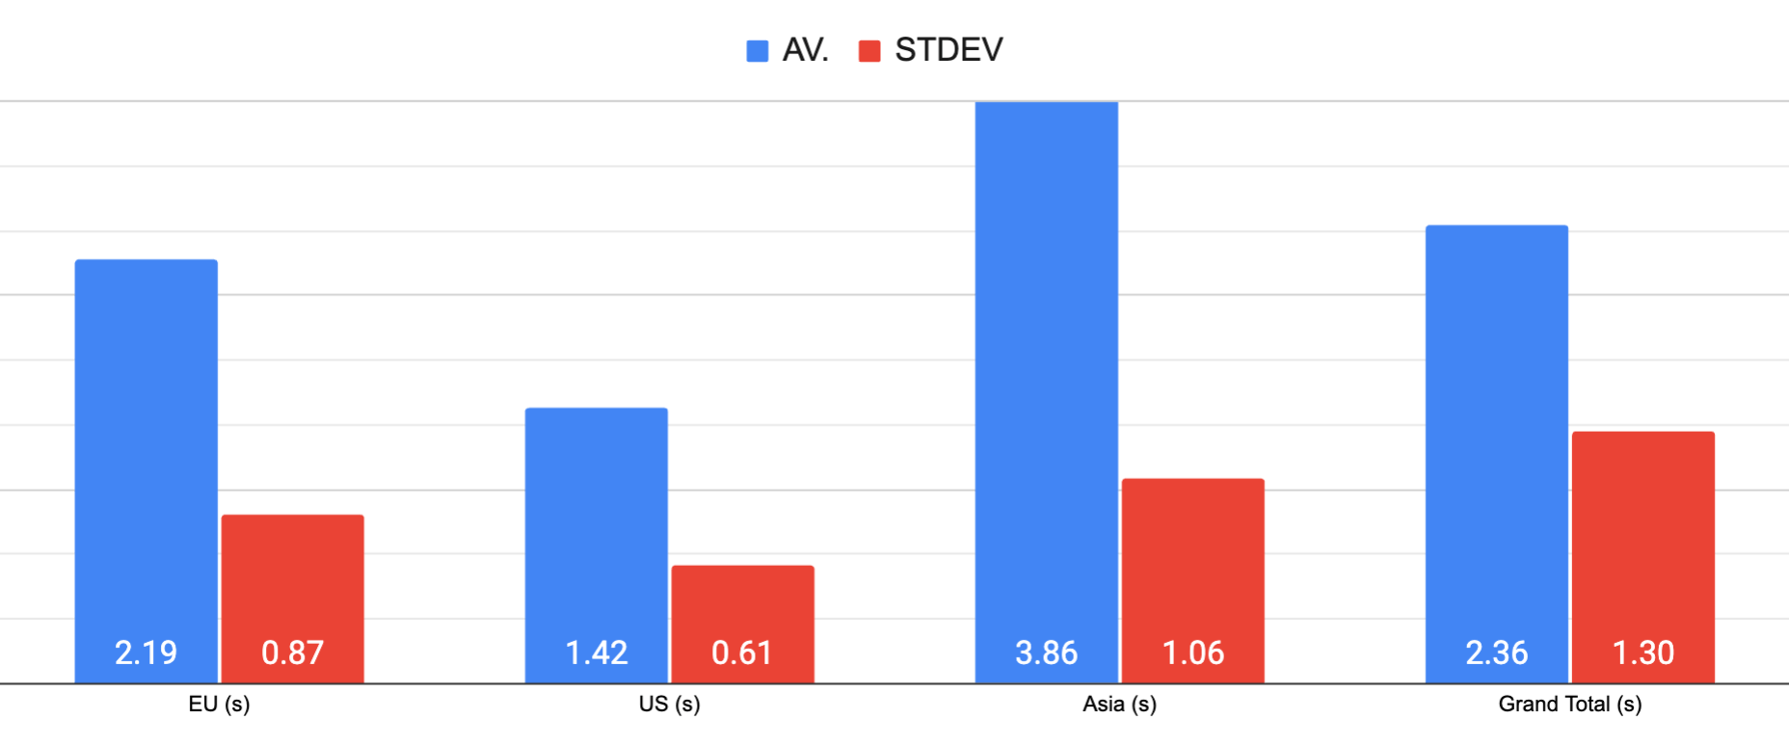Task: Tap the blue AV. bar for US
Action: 597,520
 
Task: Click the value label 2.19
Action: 147,654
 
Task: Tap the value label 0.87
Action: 293,654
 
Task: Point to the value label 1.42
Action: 597,654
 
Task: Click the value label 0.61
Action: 742,654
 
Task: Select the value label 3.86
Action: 1047,654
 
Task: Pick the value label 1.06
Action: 1193,654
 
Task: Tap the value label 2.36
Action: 1497,654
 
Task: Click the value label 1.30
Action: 1643,654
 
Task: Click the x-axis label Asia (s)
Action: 1119,705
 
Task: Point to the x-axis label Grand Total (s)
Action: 1569,705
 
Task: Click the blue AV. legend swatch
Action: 758,51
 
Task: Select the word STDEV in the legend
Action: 948,50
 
